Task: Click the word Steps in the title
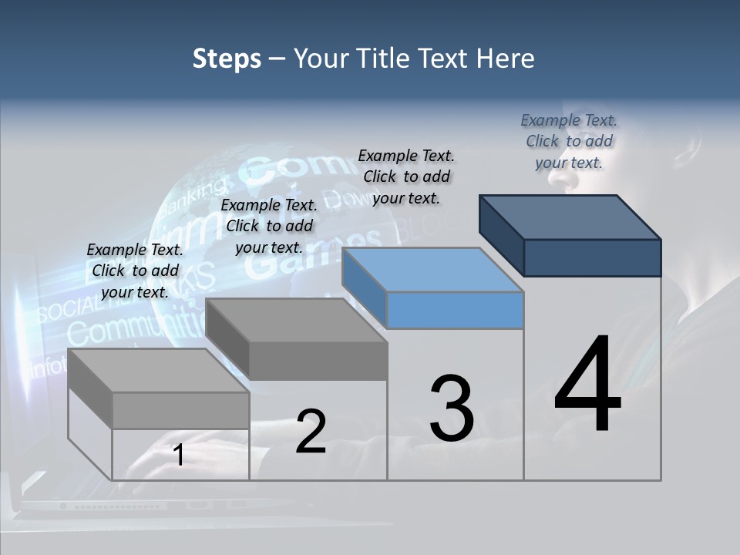[x=227, y=59]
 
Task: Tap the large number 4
[x=587, y=385]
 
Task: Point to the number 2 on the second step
[x=311, y=432]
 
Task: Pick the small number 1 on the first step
[x=178, y=456]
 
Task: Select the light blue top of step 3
[x=432, y=270]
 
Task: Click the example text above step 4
[x=569, y=141]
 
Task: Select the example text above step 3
[x=406, y=177]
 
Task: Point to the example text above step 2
[x=269, y=226]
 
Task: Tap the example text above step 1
[x=135, y=271]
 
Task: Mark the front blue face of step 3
[x=455, y=310]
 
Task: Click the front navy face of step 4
[x=592, y=257]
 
